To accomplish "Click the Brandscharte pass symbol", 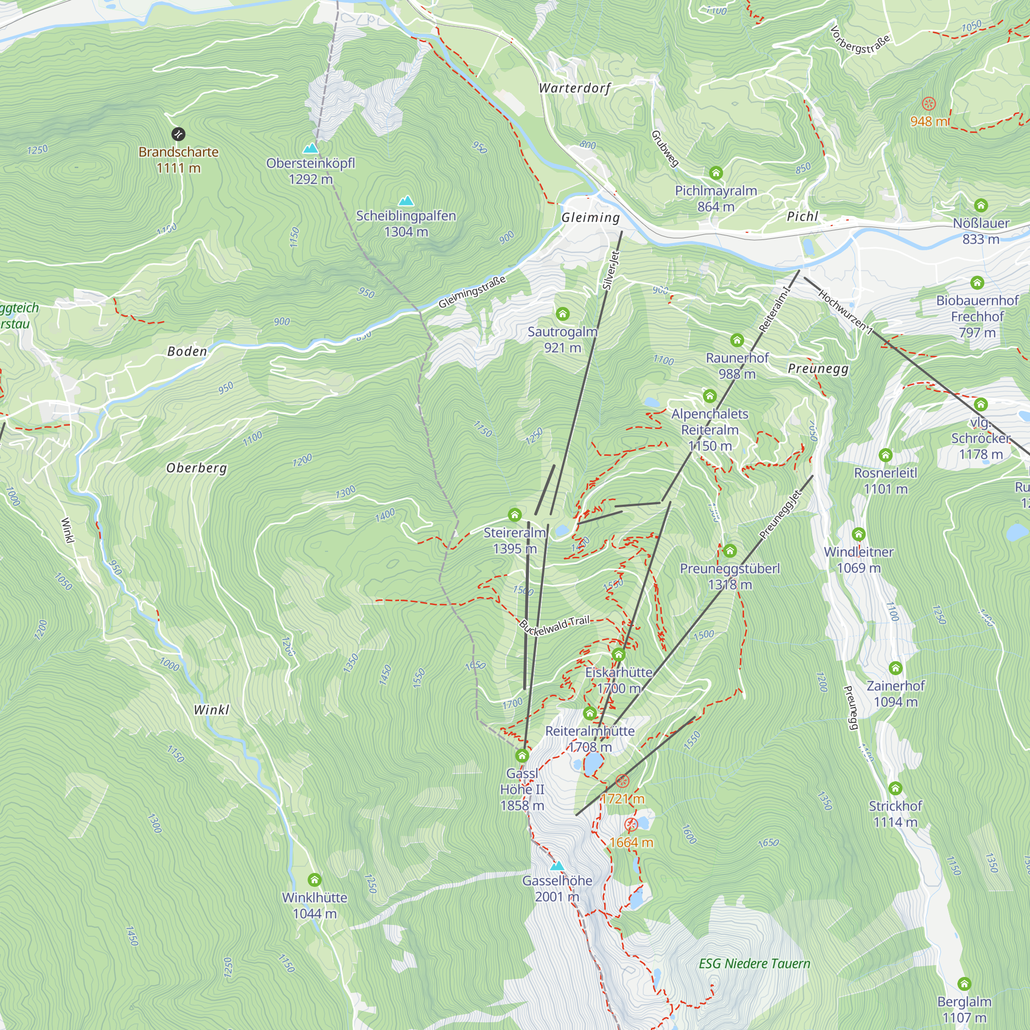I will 178,134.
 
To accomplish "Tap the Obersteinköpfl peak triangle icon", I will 310,148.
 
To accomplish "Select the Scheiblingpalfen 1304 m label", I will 406,224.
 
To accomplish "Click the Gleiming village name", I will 591,217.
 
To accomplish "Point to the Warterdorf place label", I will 575,88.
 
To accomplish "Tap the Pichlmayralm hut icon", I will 715,173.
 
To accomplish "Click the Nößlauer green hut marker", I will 981,205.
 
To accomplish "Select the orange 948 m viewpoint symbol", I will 929,104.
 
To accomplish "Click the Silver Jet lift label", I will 611,270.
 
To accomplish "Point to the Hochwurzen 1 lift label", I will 846,313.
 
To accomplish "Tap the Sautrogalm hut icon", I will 562,314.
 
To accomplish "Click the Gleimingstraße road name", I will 472,292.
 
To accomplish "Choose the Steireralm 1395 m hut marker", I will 514,514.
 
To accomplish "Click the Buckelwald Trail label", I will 555,625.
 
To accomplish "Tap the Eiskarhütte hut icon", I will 619,654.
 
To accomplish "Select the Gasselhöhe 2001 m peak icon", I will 557,865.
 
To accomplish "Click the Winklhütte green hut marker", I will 315,879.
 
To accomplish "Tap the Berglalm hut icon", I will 964,984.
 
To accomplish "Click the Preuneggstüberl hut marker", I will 730,550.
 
